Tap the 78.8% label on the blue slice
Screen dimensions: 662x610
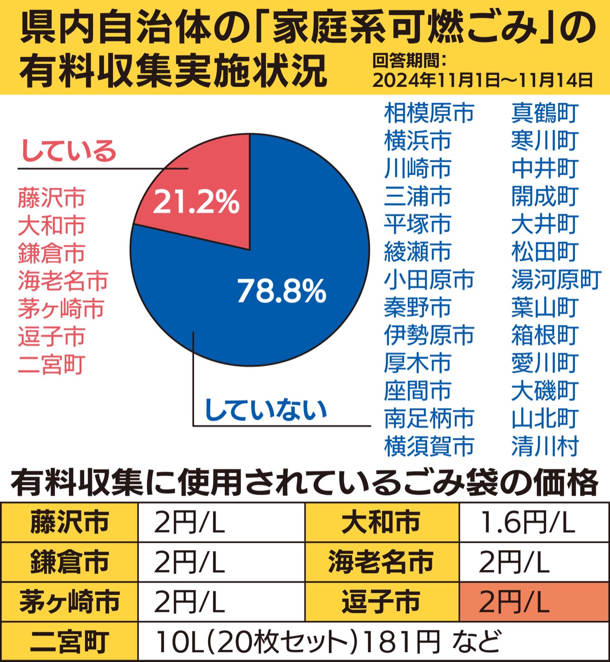(282, 291)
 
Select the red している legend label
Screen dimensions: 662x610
(69, 151)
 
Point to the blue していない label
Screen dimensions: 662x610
(265, 410)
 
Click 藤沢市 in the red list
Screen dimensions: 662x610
(51, 198)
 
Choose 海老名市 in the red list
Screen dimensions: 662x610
(63, 281)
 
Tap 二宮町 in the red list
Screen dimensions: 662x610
(51, 365)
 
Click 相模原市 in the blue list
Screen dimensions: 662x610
(429, 113)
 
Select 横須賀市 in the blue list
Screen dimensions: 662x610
(429, 446)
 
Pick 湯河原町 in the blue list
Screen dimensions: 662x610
(556, 280)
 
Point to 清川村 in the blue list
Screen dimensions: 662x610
(544, 446)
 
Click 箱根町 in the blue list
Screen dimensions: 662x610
(544, 335)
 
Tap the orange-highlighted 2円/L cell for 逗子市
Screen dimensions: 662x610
(534, 601)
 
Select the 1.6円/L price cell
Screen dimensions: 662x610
(534, 522)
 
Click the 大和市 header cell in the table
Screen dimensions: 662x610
(382, 522)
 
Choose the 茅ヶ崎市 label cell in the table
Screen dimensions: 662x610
(69, 601)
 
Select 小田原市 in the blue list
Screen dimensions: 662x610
(429, 280)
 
